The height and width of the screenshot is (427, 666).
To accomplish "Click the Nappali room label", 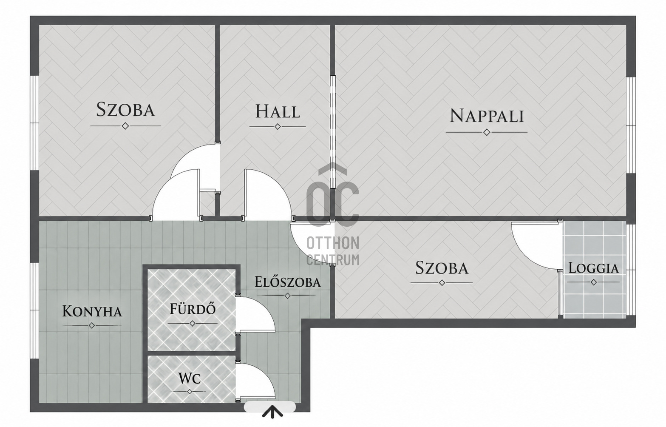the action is tap(486, 116).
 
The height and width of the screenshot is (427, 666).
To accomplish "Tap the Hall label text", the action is tap(278, 111).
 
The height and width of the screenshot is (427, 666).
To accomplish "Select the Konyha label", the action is tap(92, 312).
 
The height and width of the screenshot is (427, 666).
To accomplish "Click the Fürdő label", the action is tap(193, 309).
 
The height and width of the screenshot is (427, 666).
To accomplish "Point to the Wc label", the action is tap(190, 378).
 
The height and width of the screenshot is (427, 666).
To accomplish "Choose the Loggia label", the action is tap(593, 268).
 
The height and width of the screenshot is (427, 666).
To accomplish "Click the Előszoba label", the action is tap(287, 282).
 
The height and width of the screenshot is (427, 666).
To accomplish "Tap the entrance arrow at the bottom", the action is tap(272, 413).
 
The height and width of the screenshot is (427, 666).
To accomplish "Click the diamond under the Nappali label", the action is tap(487, 132).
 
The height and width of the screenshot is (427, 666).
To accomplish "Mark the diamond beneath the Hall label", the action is tap(278, 127).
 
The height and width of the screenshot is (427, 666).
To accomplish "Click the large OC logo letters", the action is tap(333, 195).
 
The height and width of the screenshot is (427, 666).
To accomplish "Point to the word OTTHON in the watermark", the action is tap(333, 243).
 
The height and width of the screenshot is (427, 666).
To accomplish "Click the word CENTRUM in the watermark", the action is tap(333, 260).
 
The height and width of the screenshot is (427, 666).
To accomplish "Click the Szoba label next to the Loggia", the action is tap(442, 268).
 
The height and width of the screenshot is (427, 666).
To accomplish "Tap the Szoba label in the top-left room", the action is tap(125, 109).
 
